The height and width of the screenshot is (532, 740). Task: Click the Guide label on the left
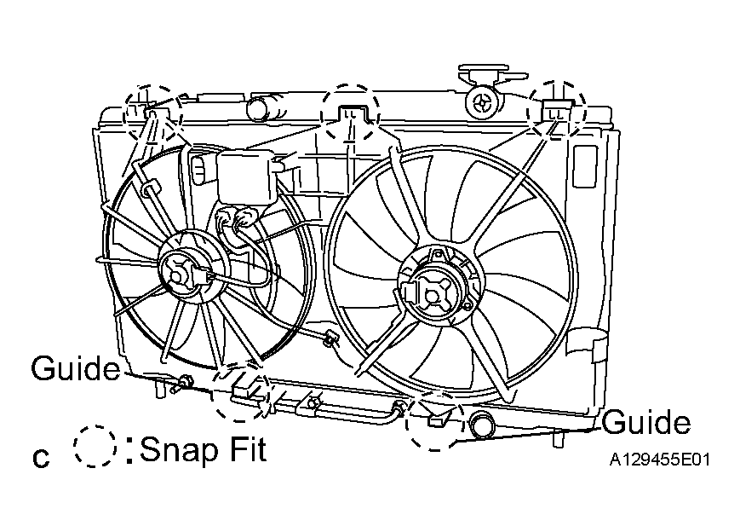[76, 368]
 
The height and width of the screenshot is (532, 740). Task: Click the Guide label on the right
[646, 421]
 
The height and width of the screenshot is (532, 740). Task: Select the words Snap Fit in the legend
[203, 449]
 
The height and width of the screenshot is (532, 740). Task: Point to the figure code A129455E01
[659, 460]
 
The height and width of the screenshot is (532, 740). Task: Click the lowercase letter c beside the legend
[41, 458]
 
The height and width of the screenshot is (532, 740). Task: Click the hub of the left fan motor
[178, 275]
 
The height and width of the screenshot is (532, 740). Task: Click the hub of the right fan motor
[430, 295]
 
